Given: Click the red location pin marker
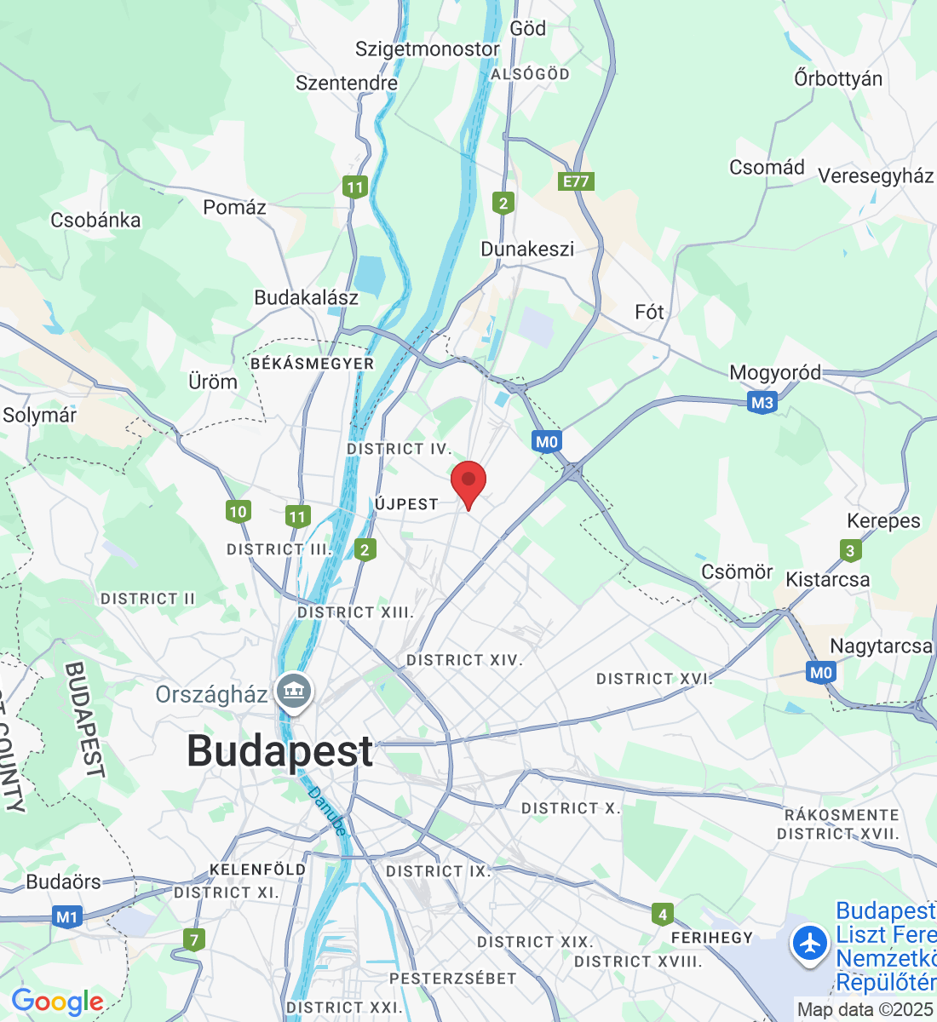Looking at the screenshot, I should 468,482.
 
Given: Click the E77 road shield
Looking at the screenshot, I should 576,181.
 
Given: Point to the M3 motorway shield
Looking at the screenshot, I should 762,402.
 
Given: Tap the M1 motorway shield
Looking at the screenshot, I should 66,917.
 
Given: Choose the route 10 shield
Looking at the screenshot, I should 238,511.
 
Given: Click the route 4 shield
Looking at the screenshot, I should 662,915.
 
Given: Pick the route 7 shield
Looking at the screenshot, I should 194,940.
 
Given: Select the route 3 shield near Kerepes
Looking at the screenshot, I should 849,550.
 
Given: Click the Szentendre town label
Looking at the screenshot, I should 347,83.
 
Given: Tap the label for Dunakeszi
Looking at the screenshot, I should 527,250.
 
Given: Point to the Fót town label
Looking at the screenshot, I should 649,313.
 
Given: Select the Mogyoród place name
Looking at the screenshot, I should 775,373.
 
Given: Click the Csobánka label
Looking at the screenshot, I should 95,221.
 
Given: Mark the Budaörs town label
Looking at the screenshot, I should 63,882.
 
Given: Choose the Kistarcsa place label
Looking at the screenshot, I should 828,580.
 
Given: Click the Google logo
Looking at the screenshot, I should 57,1002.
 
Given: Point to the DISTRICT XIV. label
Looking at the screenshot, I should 464,660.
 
